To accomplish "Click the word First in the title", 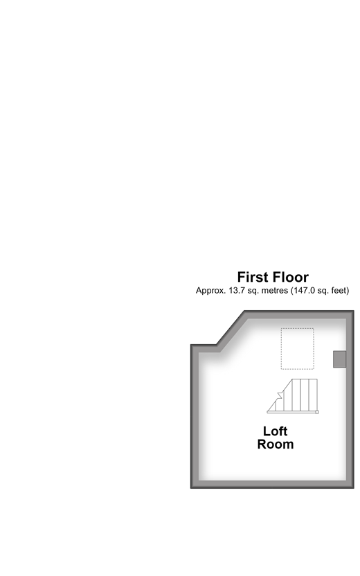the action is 254,277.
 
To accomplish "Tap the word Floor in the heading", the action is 291,277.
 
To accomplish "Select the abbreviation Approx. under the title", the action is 210,291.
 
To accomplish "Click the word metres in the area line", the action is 274,290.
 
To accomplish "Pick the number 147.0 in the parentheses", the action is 304,290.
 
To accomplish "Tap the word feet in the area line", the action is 339,290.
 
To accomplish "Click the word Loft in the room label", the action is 275,431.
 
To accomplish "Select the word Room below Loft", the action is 275,444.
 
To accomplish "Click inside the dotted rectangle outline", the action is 298,349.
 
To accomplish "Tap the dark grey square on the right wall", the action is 339,359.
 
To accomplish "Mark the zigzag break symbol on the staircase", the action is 280,395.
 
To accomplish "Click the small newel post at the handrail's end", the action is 317,412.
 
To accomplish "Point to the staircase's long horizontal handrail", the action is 291,412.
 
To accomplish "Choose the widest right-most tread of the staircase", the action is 313,395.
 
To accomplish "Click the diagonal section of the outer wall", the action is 231,330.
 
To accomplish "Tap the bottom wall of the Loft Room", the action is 272,484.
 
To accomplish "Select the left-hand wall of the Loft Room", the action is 195,416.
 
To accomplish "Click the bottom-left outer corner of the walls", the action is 191,488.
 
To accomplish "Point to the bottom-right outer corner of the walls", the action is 354,488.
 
